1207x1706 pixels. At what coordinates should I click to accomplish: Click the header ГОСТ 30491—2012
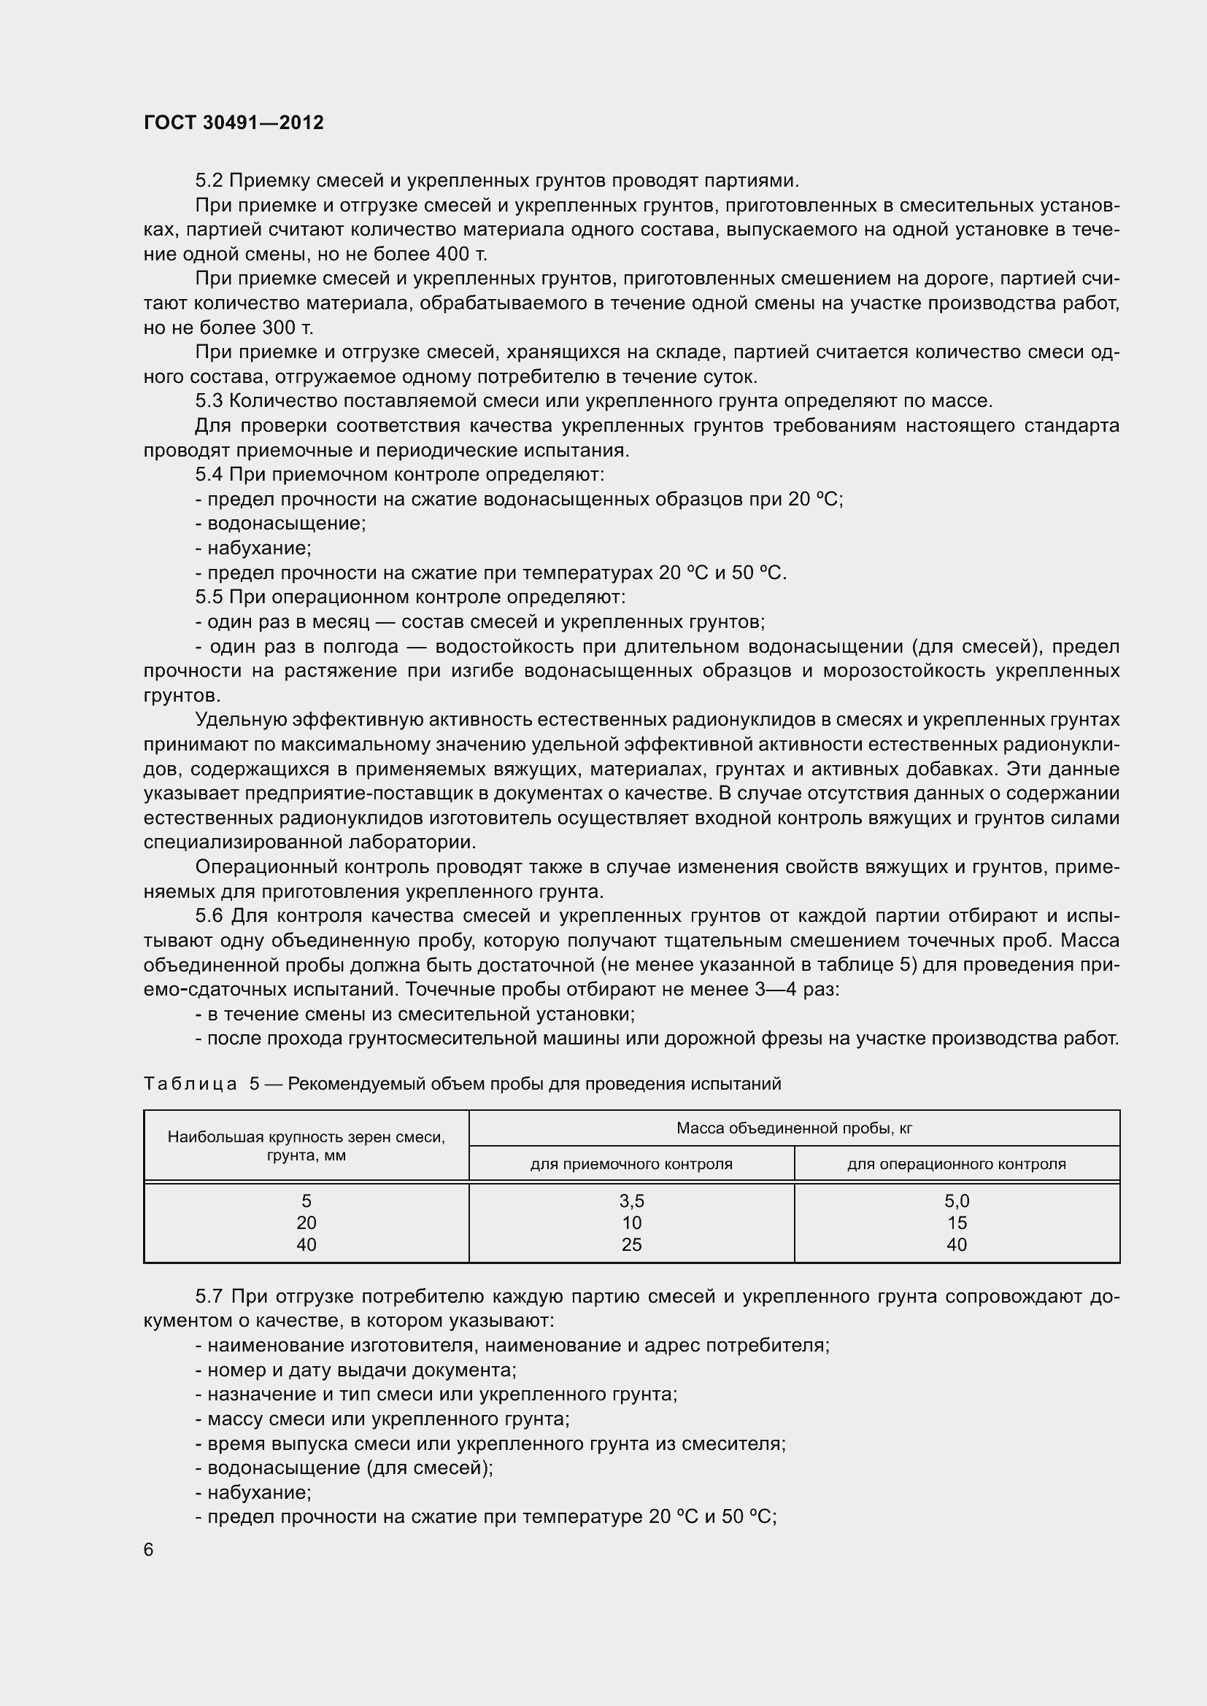click(234, 123)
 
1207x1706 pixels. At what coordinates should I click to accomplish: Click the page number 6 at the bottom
click(149, 1550)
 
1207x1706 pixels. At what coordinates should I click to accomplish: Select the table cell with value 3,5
click(631, 1201)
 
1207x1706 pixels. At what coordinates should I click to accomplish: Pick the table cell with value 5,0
click(957, 1201)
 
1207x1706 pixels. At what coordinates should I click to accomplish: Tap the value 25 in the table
click(631, 1244)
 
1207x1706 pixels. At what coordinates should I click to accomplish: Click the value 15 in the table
click(957, 1223)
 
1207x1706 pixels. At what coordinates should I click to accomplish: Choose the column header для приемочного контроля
click(631, 1164)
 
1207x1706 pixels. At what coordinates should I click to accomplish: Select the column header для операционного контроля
click(957, 1164)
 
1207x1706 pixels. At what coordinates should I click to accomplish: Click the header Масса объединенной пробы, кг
click(794, 1128)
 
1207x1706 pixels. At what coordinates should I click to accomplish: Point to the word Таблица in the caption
click(190, 1084)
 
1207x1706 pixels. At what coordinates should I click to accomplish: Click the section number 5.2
click(209, 181)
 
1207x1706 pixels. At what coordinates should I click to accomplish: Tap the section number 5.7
click(209, 1297)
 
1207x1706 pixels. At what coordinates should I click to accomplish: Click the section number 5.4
click(209, 474)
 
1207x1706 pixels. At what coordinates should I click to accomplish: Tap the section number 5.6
click(209, 916)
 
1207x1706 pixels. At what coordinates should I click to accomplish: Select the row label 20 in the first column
click(306, 1223)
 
